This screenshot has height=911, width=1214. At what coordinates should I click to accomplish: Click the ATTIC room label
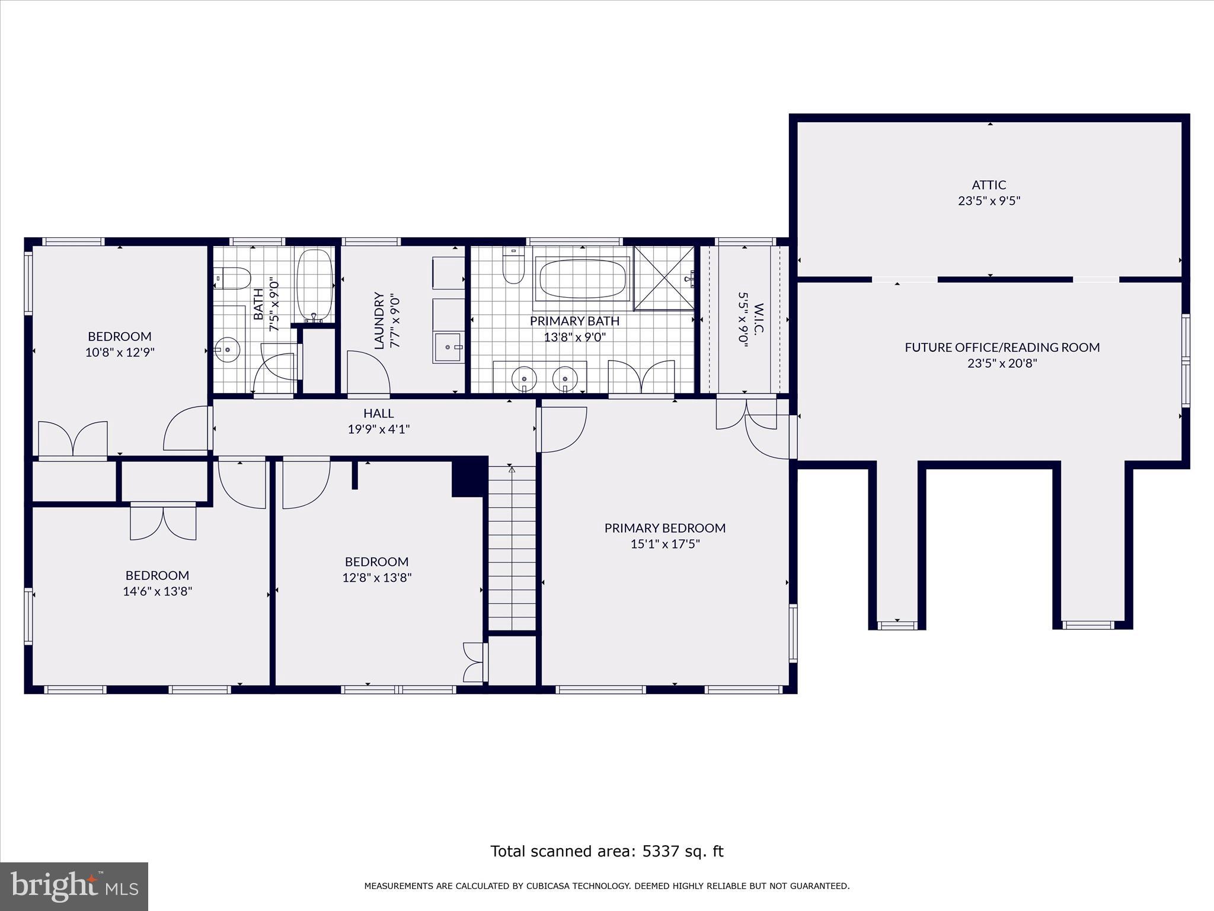[989, 185]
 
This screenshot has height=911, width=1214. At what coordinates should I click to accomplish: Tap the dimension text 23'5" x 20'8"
[1002, 364]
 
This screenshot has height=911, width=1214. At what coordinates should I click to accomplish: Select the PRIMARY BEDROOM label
[664, 528]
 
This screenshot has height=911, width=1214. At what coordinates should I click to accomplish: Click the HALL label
[378, 413]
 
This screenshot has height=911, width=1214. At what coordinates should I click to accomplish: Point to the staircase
[512, 549]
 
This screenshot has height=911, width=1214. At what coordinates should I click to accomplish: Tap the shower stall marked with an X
[663, 278]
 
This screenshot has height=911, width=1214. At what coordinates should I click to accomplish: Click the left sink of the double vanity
[524, 377]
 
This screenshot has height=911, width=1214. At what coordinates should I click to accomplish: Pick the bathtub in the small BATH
[315, 285]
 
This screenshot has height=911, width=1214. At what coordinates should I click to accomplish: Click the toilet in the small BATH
[234, 277]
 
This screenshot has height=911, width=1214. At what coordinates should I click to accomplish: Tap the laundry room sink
[448, 348]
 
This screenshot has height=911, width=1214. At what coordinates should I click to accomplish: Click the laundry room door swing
[368, 372]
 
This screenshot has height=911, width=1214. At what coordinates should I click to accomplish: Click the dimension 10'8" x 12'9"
[120, 352]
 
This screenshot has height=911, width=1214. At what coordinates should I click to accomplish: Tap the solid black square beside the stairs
[469, 476]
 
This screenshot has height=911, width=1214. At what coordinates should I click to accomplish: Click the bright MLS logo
[74, 886]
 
